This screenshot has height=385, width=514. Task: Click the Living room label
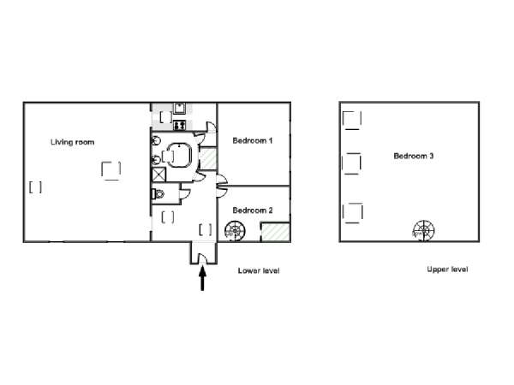pos(73,142)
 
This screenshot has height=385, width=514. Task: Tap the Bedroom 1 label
pos(253,141)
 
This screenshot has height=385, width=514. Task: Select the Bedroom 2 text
pos(253,210)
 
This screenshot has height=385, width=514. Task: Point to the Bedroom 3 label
pos(414,156)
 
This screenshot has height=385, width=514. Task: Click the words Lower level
pos(259,270)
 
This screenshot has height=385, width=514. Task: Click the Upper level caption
pos(447,269)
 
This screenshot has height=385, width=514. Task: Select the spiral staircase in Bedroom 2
pos(234,228)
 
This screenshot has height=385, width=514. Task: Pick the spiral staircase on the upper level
pos(423,228)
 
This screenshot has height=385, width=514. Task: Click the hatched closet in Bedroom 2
pos(274,230)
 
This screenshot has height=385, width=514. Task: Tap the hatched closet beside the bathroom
pos(207,159)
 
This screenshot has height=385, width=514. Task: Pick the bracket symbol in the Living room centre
pos(111,170)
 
